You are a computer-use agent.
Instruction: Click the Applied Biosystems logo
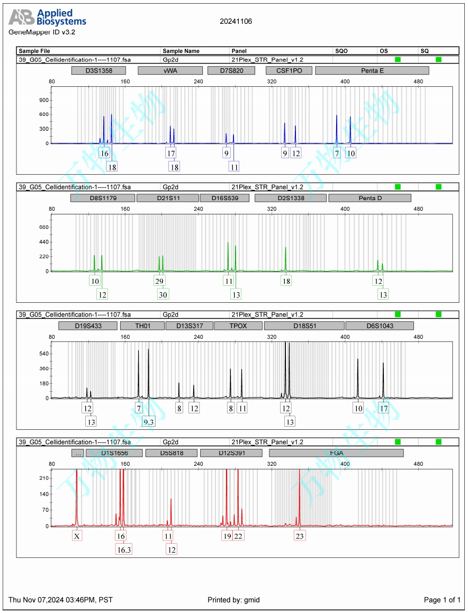47,18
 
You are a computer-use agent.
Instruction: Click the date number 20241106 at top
236,22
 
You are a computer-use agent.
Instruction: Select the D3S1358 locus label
98,70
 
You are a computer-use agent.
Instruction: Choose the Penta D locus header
370,198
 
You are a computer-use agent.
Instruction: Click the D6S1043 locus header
380,326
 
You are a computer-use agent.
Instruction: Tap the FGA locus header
336,453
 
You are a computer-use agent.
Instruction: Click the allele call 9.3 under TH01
149,421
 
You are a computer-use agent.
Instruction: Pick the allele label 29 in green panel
159,281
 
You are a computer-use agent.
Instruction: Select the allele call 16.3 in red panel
124,549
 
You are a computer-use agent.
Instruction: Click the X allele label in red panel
77,536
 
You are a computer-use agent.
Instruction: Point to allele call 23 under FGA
300,536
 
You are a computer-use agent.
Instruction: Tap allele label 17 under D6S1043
384,409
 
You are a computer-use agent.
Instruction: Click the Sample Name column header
181,51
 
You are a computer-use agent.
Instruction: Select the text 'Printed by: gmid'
233,600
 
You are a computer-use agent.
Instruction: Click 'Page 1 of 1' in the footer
442,600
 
